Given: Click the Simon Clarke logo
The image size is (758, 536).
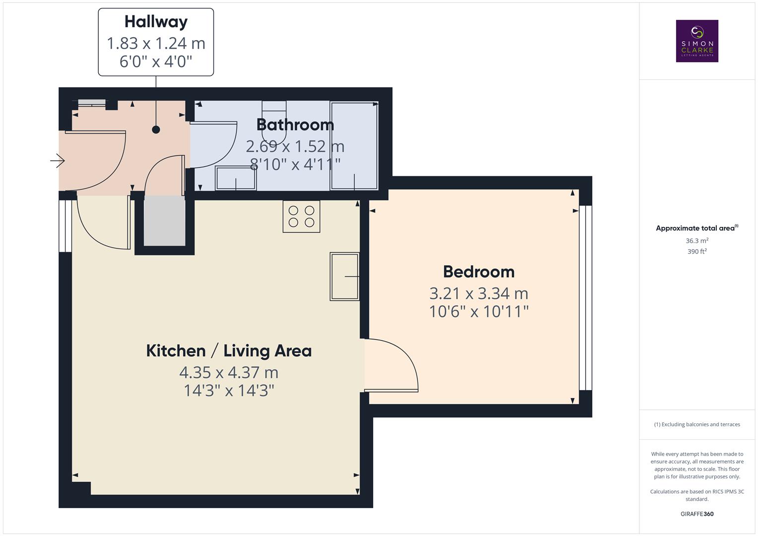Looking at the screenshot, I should point(697,41).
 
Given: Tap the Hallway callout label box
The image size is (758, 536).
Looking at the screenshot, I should point(156,42).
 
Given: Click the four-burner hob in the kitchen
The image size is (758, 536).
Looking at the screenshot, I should point(301,216).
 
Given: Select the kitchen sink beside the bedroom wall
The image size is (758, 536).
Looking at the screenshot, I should point(345,276).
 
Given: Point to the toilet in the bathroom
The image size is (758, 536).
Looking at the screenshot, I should point(275,124).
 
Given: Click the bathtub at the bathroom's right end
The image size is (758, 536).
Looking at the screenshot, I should point(354,145).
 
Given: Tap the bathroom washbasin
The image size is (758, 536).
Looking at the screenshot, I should point(235,178).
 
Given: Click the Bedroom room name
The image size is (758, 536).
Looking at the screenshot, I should point(479,271).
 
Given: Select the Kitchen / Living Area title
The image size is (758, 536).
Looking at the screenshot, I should point(229,350).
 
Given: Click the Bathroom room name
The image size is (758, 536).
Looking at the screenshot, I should point(295,124).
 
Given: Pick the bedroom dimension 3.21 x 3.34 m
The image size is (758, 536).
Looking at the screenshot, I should point(479,293).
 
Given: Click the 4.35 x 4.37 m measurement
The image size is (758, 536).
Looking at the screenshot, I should point(229,372).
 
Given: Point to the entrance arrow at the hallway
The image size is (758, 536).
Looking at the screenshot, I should point(58,161).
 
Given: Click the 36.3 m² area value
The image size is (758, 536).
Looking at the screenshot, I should point(697,241).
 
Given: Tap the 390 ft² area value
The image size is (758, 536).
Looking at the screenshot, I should point(697,252).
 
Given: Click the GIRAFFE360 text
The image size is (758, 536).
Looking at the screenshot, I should point(697,514).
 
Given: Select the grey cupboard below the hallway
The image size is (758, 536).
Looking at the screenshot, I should point(164,220).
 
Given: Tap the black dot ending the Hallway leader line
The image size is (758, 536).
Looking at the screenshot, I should point(156,130).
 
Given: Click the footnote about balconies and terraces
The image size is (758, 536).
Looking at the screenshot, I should point(697,424).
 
